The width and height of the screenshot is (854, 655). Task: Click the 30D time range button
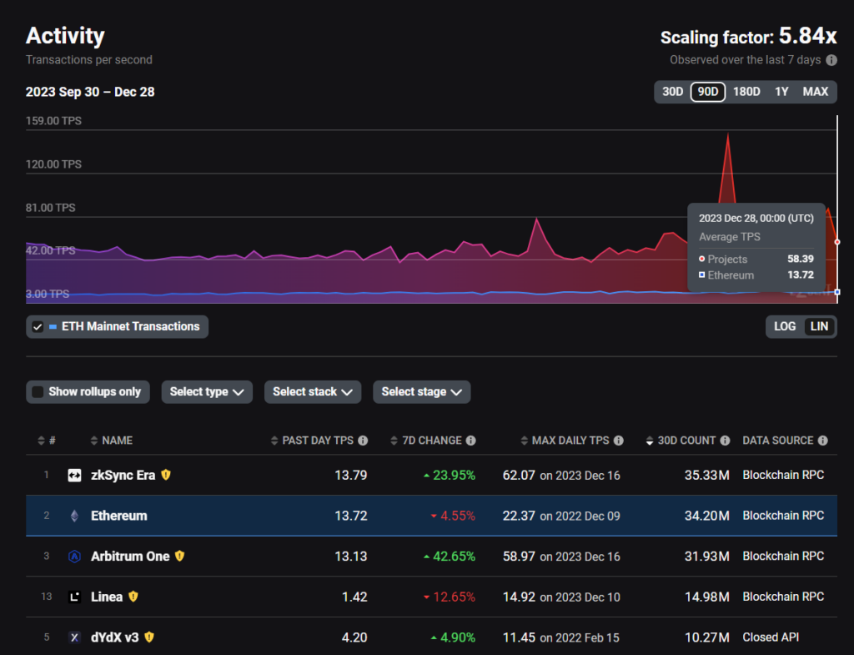click(x=672, y=92)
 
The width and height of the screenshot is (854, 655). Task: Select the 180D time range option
click(x=746, y=92)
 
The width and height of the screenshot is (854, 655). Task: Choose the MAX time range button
click(x=816, y=92)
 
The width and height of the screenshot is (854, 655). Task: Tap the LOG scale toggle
click(x=785, y=326)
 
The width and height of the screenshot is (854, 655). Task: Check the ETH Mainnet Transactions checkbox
click(x=38, y=327)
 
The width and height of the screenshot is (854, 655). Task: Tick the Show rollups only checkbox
click(x=38, y=392)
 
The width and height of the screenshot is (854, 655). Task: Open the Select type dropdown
click(x=207, y=392)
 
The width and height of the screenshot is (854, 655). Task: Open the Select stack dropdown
click(x=313, y=392)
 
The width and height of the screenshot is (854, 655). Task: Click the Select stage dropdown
click(x=421, y=392)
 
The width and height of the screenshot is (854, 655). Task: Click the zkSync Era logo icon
click(x=74, y=475)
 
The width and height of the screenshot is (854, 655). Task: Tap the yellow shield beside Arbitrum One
click(x=180, y=556)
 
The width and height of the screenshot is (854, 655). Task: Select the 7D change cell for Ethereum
click(x=453, y=516)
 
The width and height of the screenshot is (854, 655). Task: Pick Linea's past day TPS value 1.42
click(x=354, y=597)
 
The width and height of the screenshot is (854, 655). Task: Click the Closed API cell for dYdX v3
click(x=771, y=637)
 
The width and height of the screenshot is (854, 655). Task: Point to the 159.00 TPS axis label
click(x=53, y=120)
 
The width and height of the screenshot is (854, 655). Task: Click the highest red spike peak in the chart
click(x=727, y=134)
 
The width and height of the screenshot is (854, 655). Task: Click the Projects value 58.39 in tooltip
click(x=801, y=259)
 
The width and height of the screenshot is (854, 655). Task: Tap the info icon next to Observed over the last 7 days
click(x=831, y=60)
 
